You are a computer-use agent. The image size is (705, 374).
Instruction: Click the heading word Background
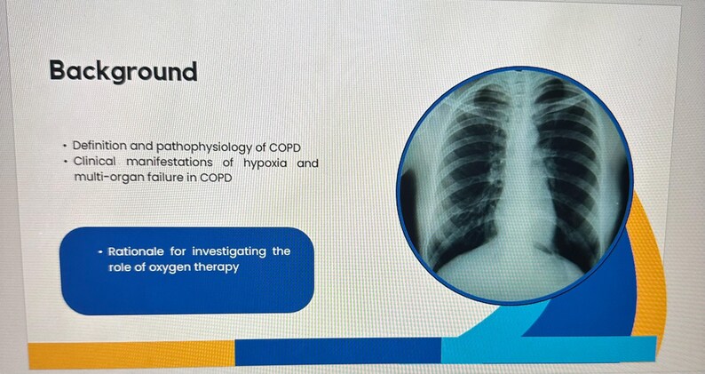tap(123, 71)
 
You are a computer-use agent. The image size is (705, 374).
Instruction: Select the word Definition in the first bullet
tap(99, 147)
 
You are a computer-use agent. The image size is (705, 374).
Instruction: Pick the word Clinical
tap(95, 163)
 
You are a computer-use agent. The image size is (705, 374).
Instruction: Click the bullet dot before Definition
tap(65, 147)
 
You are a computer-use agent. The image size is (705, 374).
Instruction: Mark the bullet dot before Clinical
tap(65, 163)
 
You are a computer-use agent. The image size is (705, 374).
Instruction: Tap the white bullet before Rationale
tap(100, 251)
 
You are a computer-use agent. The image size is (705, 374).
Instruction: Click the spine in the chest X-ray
tap(517, 178)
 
